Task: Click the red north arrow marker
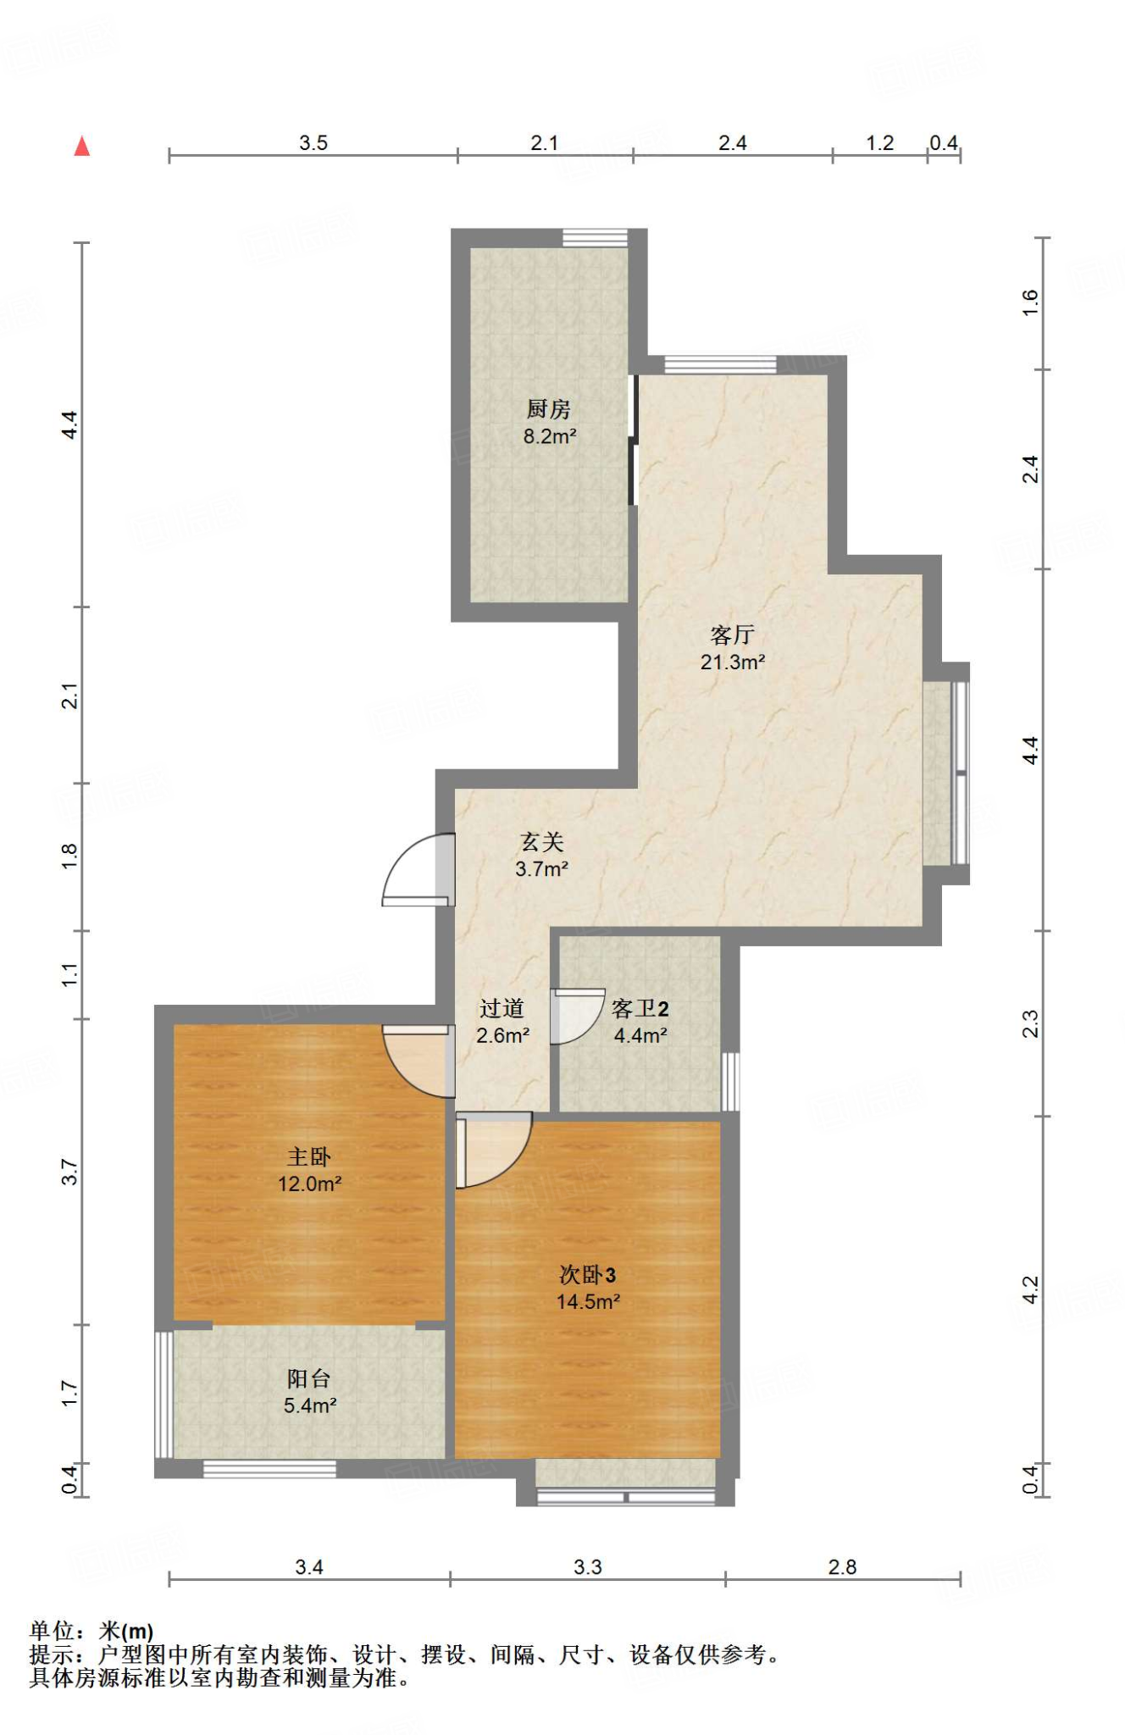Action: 82,147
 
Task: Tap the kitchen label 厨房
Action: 548,409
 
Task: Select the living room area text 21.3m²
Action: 733,662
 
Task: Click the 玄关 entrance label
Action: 541,841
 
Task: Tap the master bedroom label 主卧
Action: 308,1156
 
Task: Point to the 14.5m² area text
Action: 588,1302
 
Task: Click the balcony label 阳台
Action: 308,1378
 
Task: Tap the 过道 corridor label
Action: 502,1008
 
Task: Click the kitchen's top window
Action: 596,238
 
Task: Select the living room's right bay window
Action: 960,773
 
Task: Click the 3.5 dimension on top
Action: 313,143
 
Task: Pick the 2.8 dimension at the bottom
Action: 842,1567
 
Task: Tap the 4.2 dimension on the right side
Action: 1030,1289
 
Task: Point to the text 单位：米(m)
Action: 91,1631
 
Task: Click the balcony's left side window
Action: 163,1395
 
